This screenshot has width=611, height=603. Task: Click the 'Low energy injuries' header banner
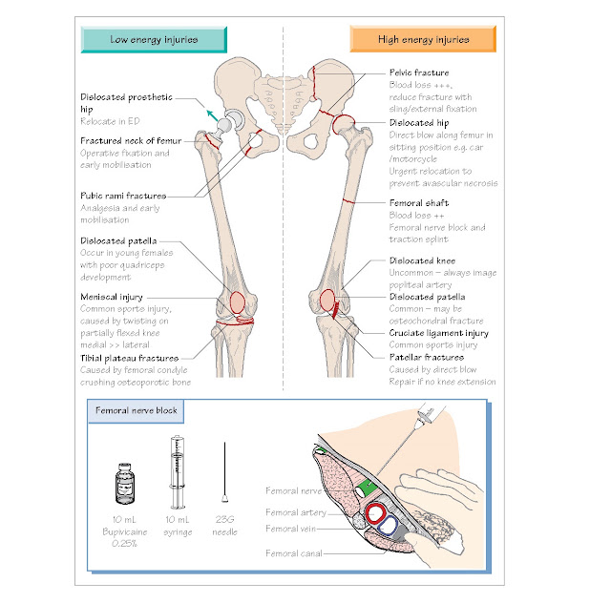(154, 40)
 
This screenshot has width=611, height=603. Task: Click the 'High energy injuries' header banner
(423, 39)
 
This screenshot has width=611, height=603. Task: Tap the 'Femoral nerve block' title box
(136, 411)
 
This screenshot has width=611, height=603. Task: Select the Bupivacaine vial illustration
(125, 483)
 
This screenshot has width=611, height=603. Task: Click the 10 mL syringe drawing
(178, 472)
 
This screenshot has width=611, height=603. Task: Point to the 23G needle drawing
(225, 472)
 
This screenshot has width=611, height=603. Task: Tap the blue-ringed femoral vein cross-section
(388, 525)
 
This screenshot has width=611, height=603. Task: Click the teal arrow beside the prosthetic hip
(212, 115)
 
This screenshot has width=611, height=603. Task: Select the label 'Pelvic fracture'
(419, 73)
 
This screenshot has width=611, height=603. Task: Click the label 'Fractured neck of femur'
(131, 140)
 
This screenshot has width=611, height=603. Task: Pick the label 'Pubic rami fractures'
(123, 196)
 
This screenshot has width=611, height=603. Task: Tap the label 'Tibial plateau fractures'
(130, 358)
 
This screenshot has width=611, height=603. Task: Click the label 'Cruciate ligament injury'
(439, 333)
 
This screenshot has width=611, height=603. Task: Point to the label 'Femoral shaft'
(419, 203)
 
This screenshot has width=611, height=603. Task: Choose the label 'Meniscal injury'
(112, 297)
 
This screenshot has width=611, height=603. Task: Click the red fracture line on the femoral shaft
(348, 201)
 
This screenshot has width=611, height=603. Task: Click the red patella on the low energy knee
(238, 302)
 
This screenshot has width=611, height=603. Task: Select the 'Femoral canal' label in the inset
(294, 553)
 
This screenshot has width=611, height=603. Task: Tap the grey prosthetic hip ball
(224, 125)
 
